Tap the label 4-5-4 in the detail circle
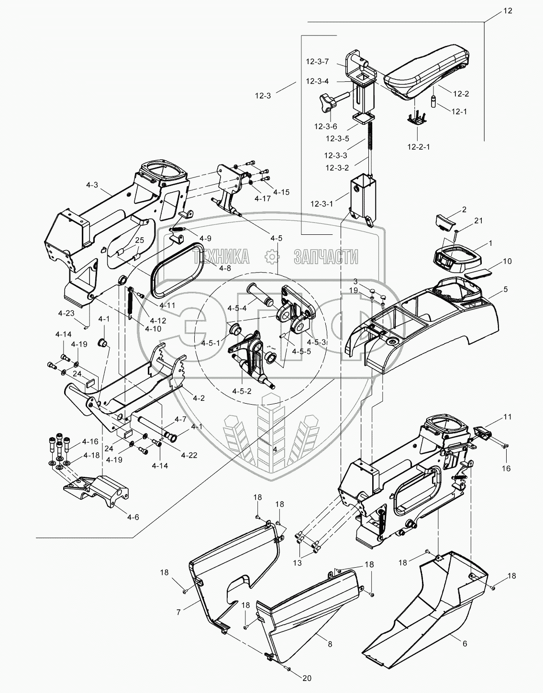click(x=238, y=308)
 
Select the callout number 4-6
click(x=133, y=517)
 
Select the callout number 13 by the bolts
click(x=297, y=563)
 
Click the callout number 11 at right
click(x=507, y=417)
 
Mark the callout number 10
click(x=507, y=261)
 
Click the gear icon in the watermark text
click(x=272, y=258)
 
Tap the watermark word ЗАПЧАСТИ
click(x=326, y=257)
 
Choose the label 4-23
click(x=66, y=313)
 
